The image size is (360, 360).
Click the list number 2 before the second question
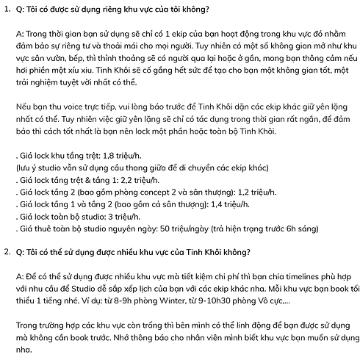point(6,252)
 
